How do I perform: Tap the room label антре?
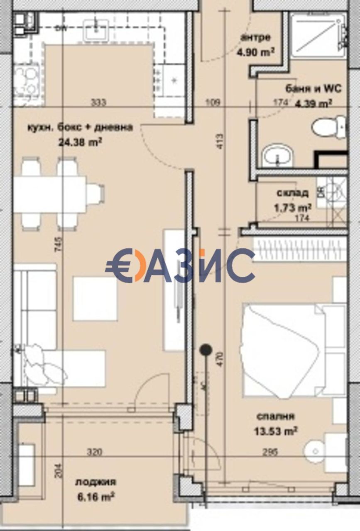(255, 38)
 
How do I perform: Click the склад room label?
(292, 193)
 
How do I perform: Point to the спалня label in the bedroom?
(276, 417)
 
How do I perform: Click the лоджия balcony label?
(96, 482)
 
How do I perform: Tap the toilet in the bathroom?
(328, 127)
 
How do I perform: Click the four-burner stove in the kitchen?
(27, 80)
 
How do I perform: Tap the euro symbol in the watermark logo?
(119, 265)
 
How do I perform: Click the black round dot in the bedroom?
(205, 350)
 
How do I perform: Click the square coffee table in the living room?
(95, 299)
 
